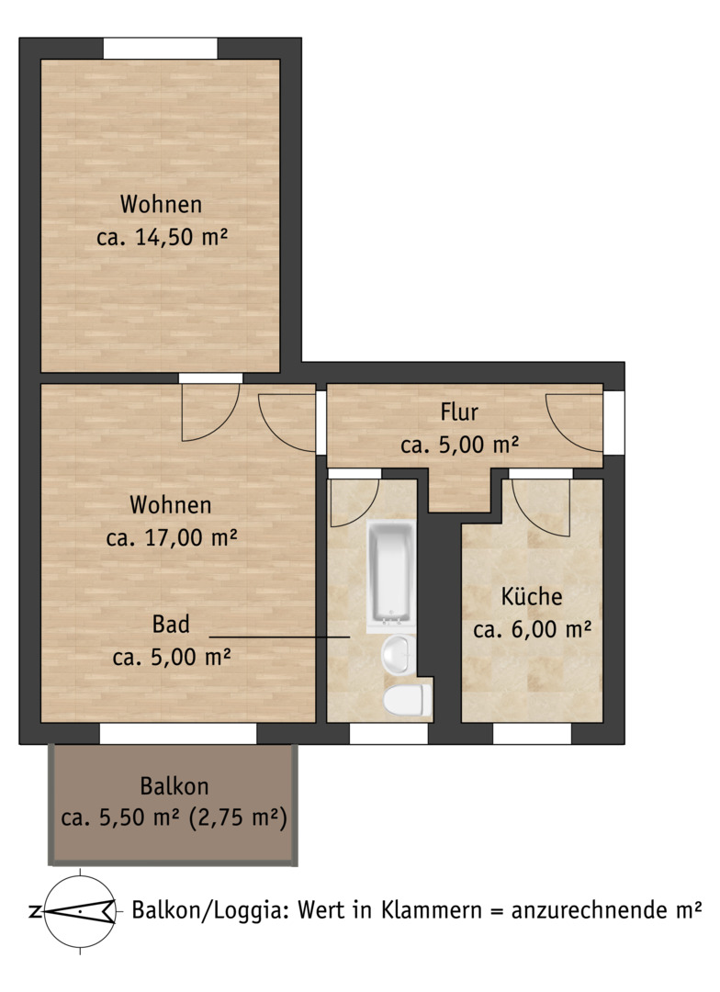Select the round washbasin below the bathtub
tap(398, 655)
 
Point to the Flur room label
tap(458, 411)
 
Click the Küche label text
tap(532, 596)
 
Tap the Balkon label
tap(174, 785)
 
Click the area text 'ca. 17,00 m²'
tap(172, 537)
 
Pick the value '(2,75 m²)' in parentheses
tap(238, 817)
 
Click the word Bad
tap(171, 625)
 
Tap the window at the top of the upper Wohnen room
tap(160, 49)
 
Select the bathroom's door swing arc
tap(354, 503)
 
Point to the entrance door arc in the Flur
tap(574, 423)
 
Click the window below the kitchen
tap(532, 734)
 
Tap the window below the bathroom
tap(388, 734)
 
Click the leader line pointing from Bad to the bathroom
tap(279, 637)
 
